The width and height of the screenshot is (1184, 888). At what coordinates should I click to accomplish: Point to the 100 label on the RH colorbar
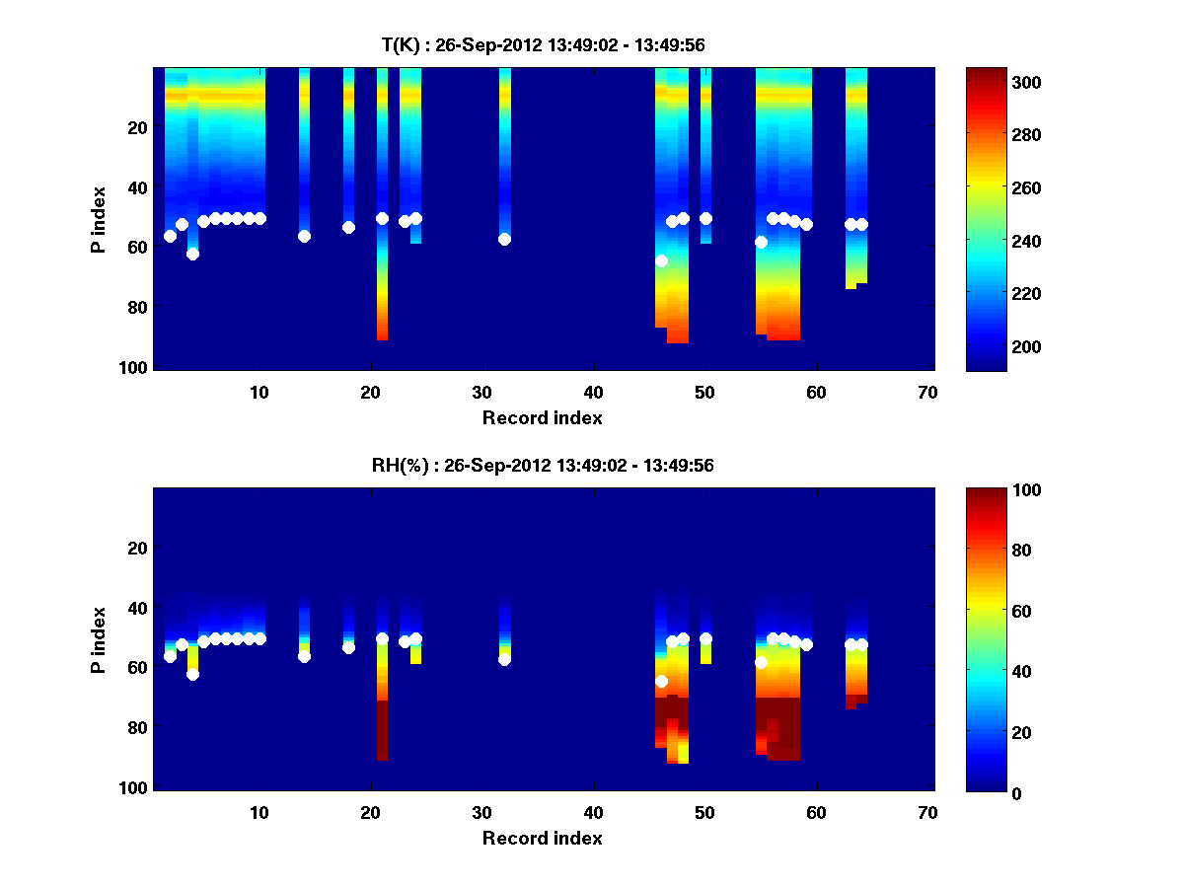pyautogui.click(x=991, y=490)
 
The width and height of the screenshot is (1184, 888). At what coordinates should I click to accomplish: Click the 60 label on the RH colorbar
pyautogui.click(x=987, y=612)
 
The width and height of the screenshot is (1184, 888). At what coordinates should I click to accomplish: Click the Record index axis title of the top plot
pyautogui.click(x=542, y=417)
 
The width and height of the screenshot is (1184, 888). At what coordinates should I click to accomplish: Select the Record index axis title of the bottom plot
pyautogui.click(x=542, y=838)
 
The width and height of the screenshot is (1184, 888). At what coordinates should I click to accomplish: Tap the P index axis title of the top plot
pyautogui.click(x=99, y=220)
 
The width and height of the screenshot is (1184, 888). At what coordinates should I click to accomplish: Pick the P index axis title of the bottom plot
pyautogui.click(x=99, y=640)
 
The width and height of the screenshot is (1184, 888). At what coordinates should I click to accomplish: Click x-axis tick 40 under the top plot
pyautogui.click(x=593, y=391)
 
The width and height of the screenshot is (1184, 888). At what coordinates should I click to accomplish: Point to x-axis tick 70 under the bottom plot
pyautogui.click(x=927, y=811)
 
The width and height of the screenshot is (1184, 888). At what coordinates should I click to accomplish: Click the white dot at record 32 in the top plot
pyautogui.click(x=504, y=239)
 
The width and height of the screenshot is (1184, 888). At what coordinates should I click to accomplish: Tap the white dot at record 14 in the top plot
pyautogui.click(x=304, y=236)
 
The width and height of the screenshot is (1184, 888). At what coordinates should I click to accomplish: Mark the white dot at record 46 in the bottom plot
pyautogui.click(x=661, y=681)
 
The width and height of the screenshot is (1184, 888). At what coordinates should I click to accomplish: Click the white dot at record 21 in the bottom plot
pyautogui.click(x=382, y=638)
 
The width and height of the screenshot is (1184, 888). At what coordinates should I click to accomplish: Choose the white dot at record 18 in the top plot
pyautogui.click(x=348, y=227)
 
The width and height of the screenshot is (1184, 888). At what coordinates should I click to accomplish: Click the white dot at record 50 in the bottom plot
pyautogui.click(x=705, y=638)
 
